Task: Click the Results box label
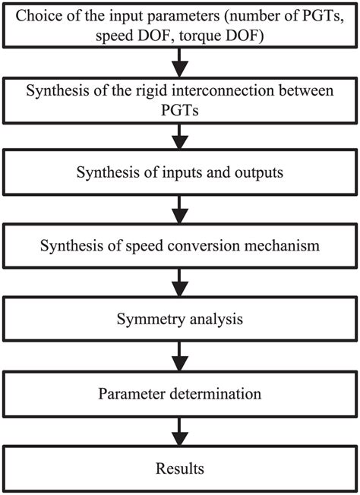[x=180, y=467]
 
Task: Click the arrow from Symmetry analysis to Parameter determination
[x=180, y=357]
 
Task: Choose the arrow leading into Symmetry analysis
[x=180, y=283]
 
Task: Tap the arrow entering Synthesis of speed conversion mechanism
[x=180, y=209]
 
